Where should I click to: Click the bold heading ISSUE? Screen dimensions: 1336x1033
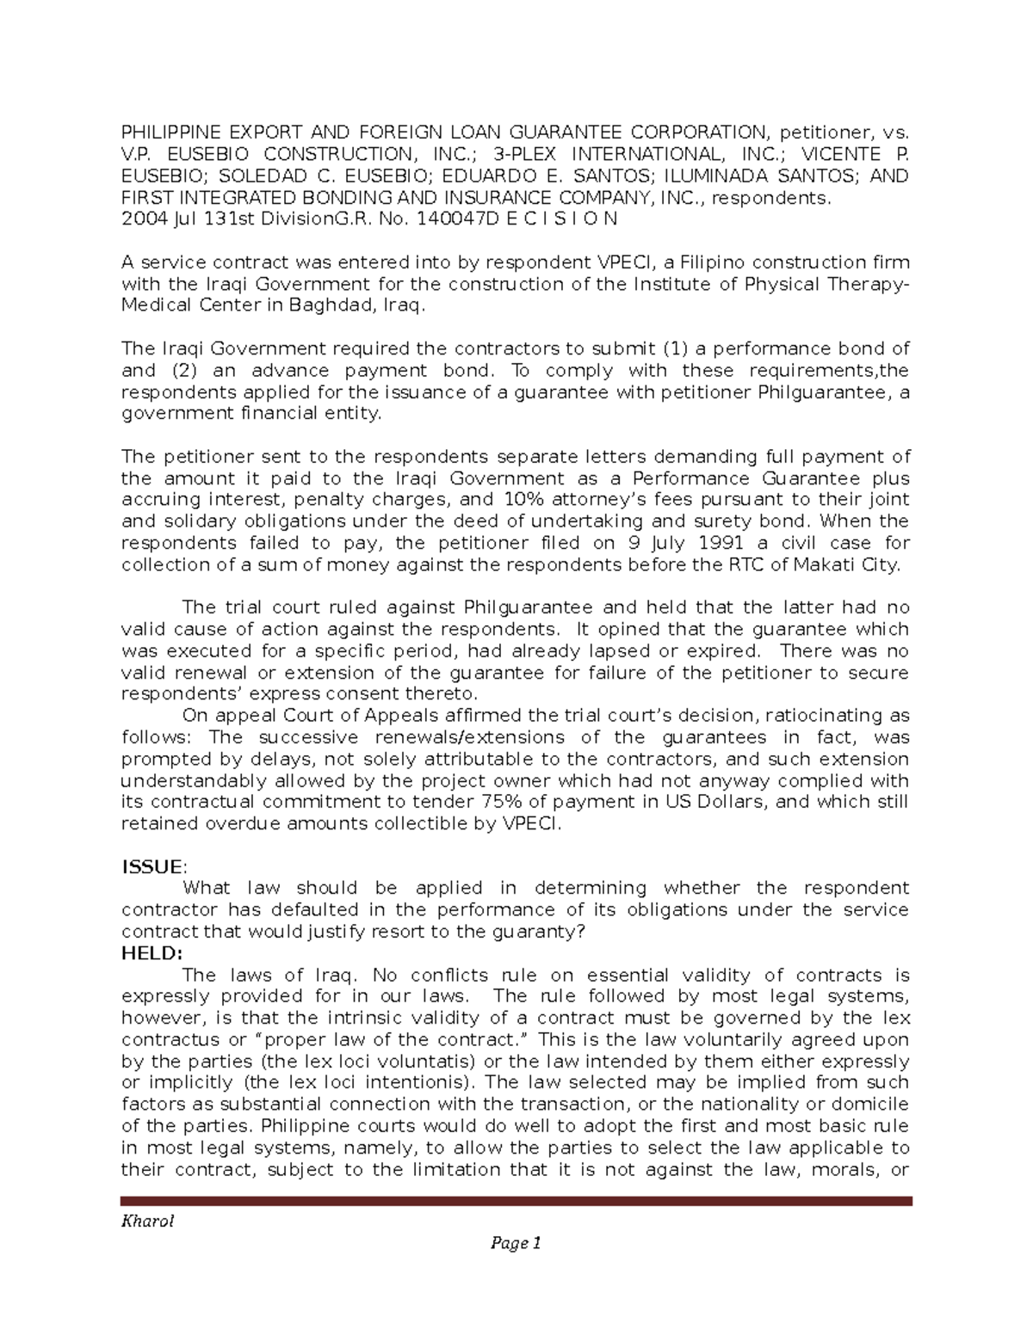[x=152, y=866]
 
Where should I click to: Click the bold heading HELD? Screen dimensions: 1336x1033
[x=152, y=953]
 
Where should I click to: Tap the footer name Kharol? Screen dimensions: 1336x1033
[x=147, y=1222]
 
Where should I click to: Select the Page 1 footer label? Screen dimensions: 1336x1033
[x=516, y=1243]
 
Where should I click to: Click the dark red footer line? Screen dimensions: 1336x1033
[x=516, y=1201]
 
